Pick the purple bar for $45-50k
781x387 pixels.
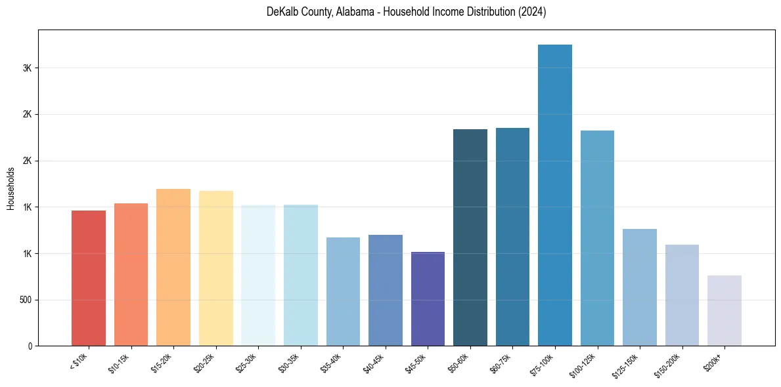[428, 298]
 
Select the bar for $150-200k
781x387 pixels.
[682, 295]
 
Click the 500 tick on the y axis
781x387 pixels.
[25, 300]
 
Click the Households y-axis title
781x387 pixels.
[11, 188]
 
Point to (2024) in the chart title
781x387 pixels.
[533, 12]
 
